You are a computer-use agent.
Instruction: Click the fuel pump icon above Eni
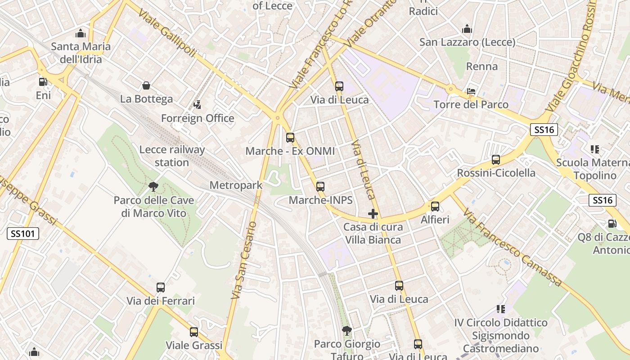tap(43, 82)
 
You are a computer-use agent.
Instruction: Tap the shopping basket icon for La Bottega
tap(146, 85)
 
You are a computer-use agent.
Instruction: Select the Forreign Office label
tap(198, 118)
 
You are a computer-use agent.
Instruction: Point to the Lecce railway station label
tap(172, 156)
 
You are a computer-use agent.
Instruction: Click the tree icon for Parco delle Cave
tap(153, 186)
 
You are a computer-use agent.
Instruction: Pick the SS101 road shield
tap(23, 233)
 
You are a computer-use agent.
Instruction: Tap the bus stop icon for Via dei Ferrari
tap(161, 287)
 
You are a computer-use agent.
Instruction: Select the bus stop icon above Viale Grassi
tap(194, 332)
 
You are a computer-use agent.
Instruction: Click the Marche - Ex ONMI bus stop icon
tap(290, 138)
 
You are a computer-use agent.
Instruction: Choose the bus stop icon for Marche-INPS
tap(320, 186)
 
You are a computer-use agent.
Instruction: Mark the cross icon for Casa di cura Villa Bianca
tap(373, 214)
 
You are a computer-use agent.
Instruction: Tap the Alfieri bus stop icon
tap(435, 207)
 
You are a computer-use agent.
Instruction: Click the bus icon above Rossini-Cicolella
tap(496, 160)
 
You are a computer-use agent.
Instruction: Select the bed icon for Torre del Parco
tap(471, 91)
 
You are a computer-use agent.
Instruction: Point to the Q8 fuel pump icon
tap(612, 223)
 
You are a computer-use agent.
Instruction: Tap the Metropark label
tap(236, 185)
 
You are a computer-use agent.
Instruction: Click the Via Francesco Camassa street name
tap(513, 248)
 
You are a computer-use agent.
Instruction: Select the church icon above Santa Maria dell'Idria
tap(81, 33)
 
